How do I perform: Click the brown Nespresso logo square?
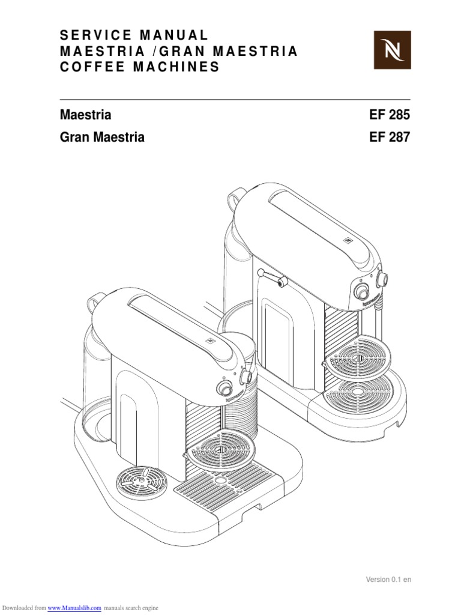point(392,50)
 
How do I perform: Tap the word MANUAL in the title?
point(174,35)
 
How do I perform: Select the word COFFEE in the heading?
point(92,67)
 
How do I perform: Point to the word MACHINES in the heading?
point(176,67)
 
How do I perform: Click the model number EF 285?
point(389,115)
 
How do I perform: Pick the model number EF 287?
point(389,137)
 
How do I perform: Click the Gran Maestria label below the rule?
point(102,137)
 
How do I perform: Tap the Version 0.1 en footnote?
point(388,580)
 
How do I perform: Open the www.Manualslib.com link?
point(74,608)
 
